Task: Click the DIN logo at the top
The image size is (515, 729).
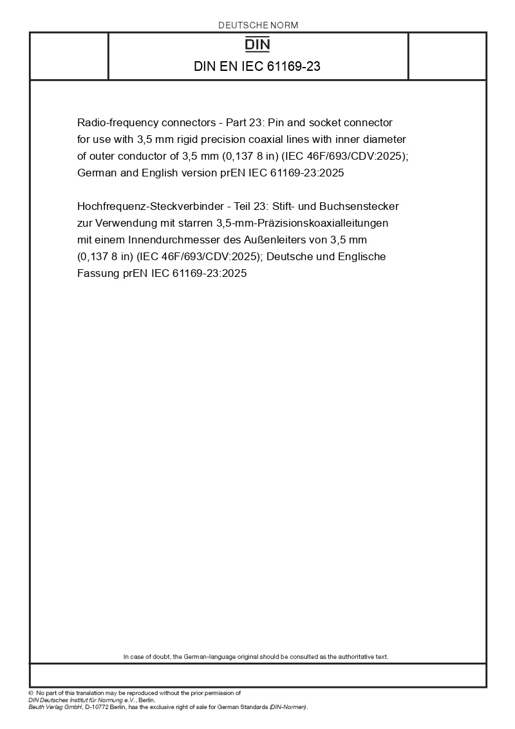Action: pos(258,44)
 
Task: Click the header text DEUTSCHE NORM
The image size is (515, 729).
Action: pos(258,25)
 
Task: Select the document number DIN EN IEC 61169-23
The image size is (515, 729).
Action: pos(257,67)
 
